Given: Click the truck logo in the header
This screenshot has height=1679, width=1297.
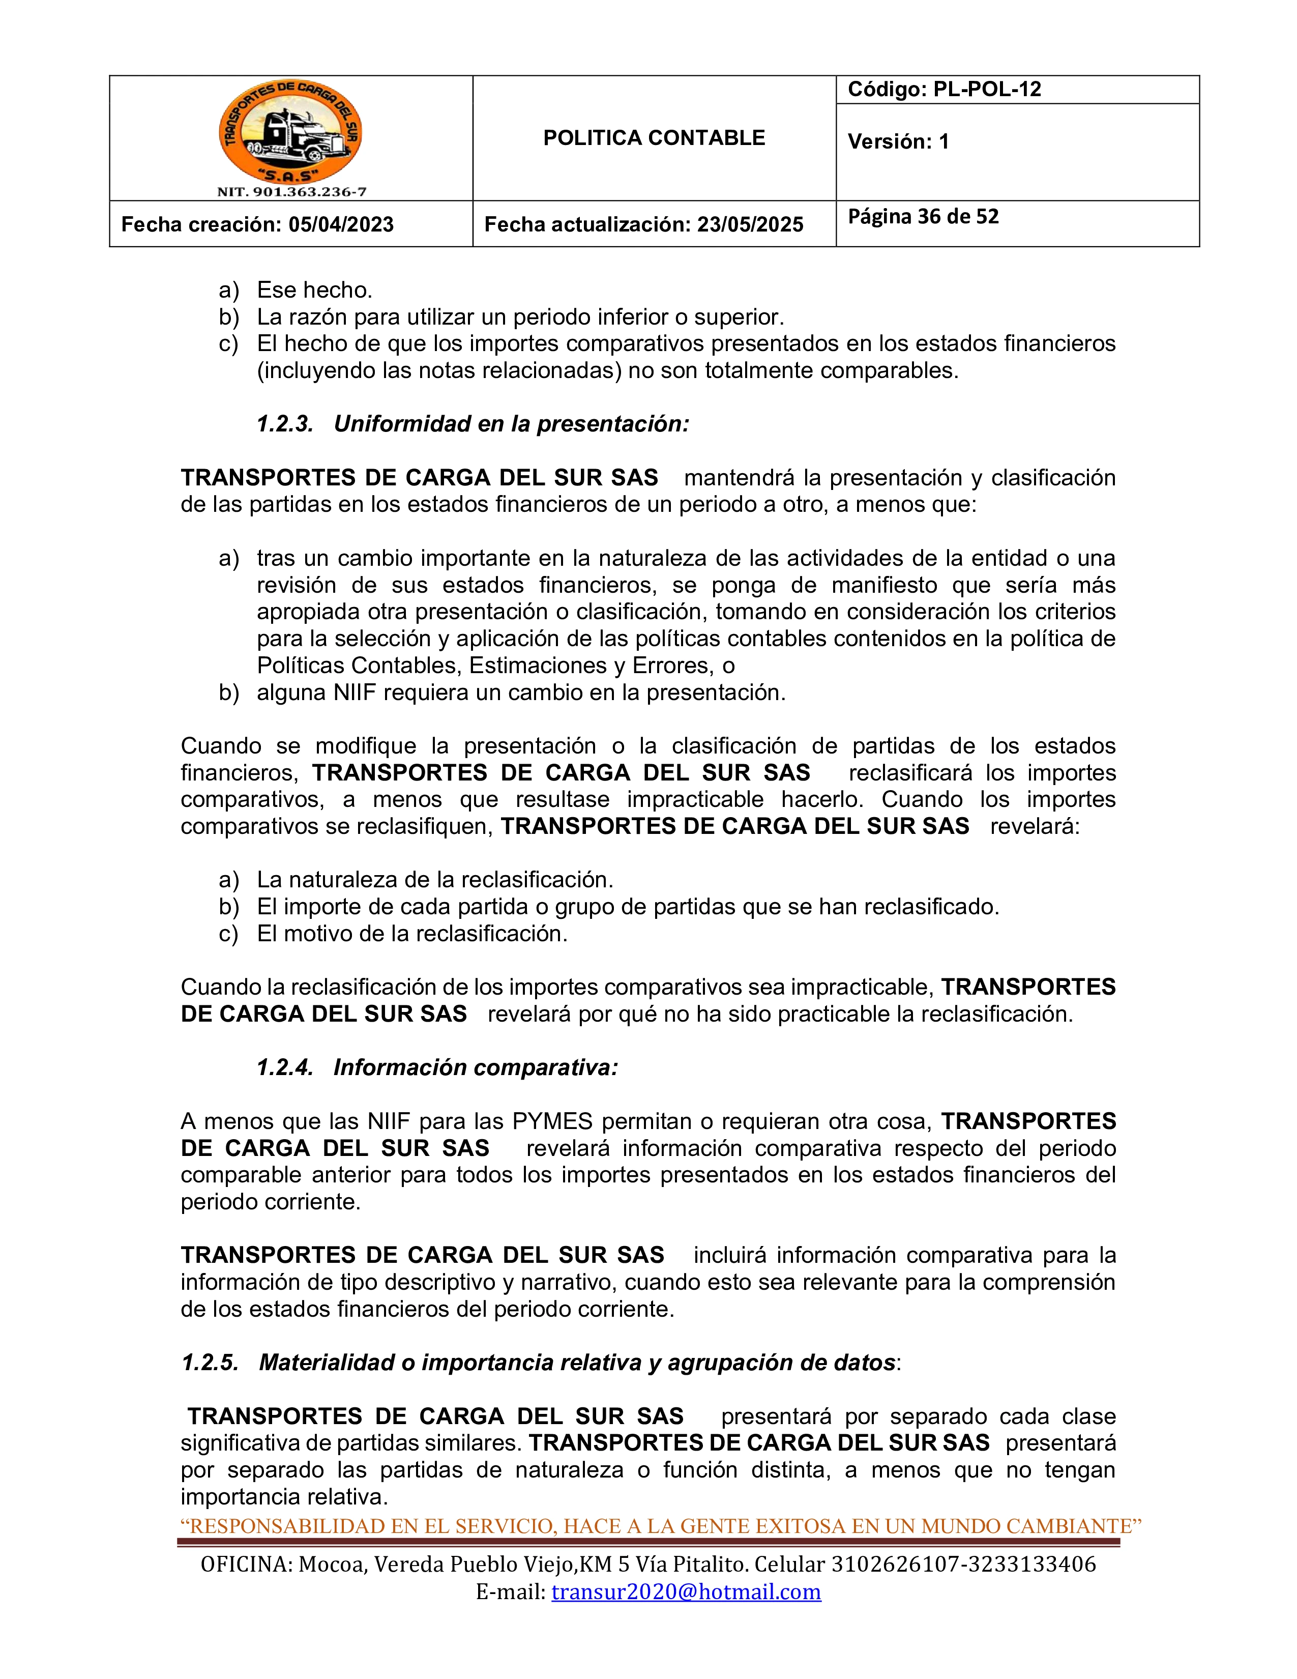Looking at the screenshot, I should pyautogui.click(x=290, y=132).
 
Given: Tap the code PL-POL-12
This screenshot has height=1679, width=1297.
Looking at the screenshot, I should pyautogui.click(x=987, y=89).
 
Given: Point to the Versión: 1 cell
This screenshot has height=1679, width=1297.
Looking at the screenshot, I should pyautogui.click(x=898, y=141).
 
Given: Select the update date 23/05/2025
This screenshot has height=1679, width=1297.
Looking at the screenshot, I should pyautogui.click(x=750, y=224).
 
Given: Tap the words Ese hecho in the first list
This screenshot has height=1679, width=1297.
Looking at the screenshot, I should pyautogui.click(x=314, y=290).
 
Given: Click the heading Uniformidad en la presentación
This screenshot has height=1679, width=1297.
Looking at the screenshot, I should pyautogui.click(x=511, y=424).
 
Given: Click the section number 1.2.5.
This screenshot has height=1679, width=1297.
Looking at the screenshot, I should pyautogui.click(x=210, y=1362).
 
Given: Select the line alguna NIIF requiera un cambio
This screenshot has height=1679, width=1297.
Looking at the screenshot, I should pyautogui.click(x=521, y=692).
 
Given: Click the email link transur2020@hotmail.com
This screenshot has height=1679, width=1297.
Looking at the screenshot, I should pyautogui.click(x=686, y=1591).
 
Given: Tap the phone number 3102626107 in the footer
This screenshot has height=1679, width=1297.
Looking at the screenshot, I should pyautogui.click(x=892, y=1565).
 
